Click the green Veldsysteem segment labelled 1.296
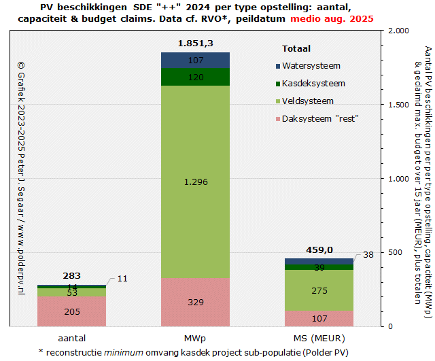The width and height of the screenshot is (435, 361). point(195,182)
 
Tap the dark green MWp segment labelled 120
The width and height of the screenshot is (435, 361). point(195,77)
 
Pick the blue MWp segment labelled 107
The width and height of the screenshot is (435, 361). point(195,61)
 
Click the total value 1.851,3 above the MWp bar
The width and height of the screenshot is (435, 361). point(195,44)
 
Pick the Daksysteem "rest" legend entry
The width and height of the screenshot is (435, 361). point(319,118)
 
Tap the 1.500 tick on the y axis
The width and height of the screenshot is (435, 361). point(399,105)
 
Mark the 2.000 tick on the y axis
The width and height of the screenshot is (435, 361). point(399,31)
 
